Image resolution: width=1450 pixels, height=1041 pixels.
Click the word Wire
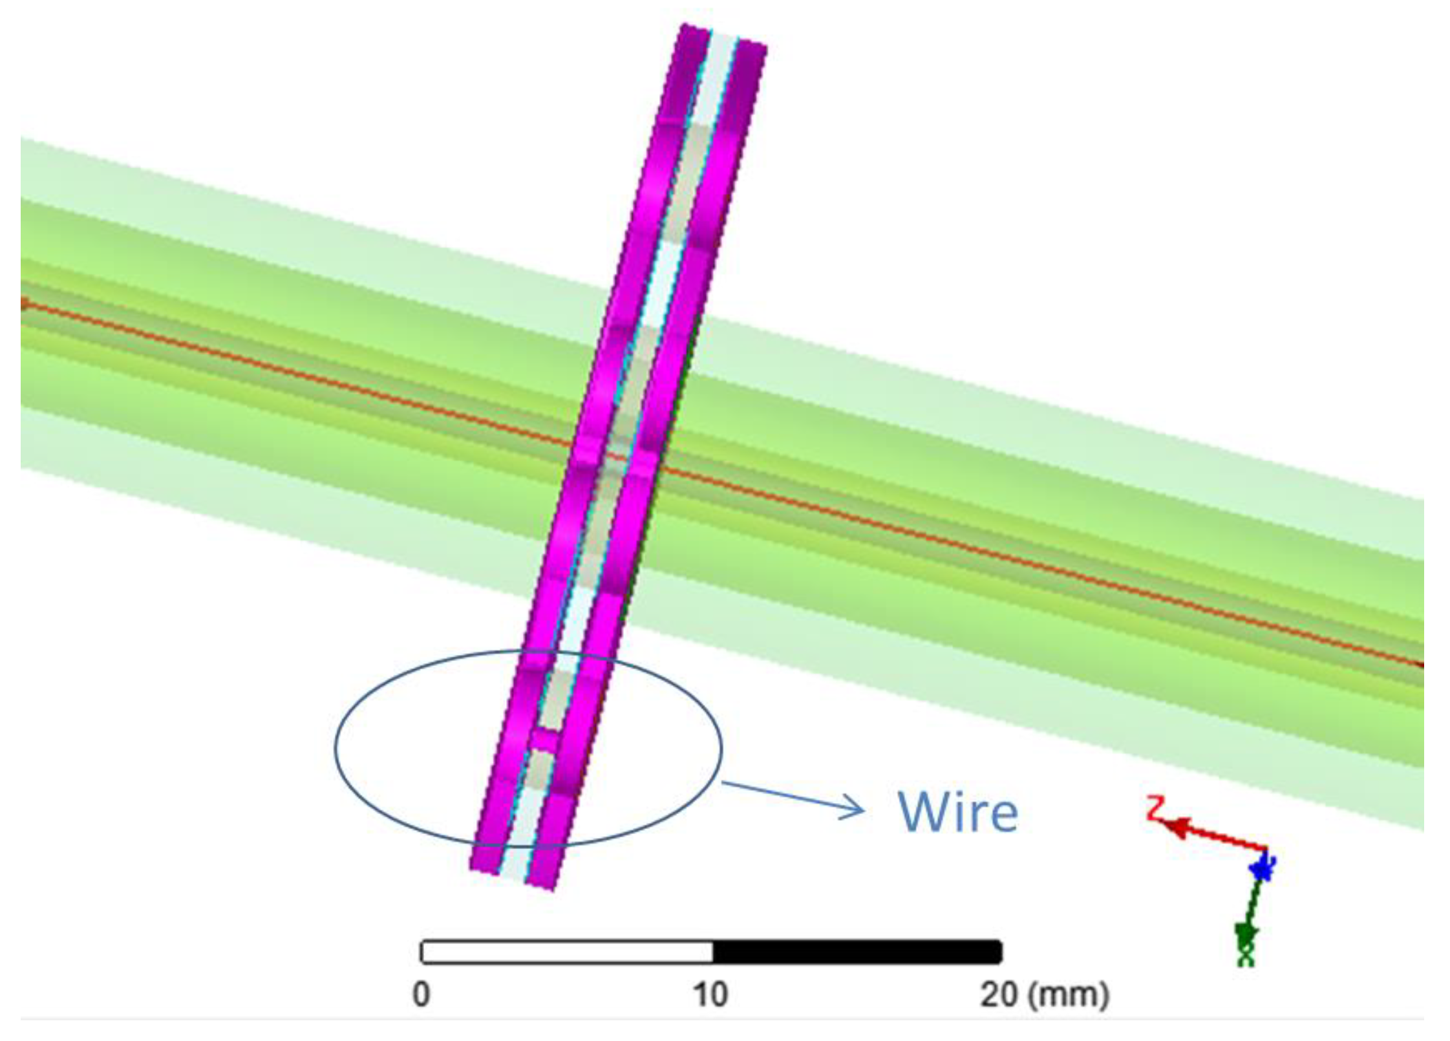click(957, 811)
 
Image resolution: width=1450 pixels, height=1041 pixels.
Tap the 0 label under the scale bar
click(421, 994)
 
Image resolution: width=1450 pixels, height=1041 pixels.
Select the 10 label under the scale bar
click(711, 994)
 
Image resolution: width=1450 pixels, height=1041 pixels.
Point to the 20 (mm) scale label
click(1044, 994)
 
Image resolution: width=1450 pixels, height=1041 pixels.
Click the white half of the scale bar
click(567, 952)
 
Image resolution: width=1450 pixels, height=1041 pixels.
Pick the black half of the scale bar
click(857, 952)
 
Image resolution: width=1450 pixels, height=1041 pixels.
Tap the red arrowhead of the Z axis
click(1178, 827)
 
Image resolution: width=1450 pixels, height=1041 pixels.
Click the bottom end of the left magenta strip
click(485, 863)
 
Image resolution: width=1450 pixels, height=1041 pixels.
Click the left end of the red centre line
click(25, 303)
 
